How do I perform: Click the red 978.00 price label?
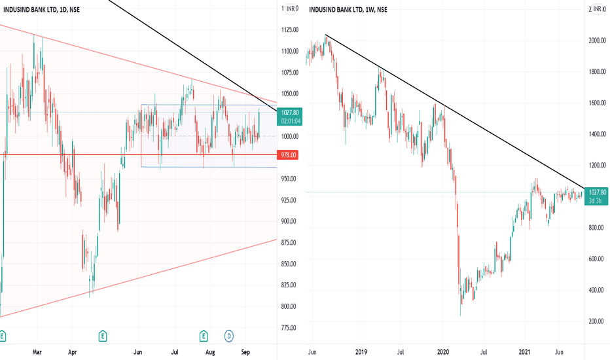point(288,155)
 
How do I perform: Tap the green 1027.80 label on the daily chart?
point(289,117)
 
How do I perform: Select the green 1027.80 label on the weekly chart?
point(596,196)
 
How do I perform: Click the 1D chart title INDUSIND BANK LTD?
point(30,9)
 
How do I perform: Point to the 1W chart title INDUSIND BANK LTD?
point(336,9)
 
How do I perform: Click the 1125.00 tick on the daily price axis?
point(290,29)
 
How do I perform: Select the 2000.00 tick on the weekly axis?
point(597,41)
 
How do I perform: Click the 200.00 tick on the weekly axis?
point(597,321)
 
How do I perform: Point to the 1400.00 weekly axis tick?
point(597,134)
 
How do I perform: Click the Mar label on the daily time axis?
point(37,352)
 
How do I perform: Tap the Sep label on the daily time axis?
point(245,352)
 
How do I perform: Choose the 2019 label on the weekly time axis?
point(361,352)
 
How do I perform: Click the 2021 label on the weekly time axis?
point(524,352)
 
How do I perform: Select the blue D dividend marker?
point(229,336)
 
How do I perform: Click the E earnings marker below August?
point(204,336)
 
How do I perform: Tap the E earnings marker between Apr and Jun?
point(103,336)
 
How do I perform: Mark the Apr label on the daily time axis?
point(73,352)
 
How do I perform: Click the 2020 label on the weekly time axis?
point(443,352)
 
